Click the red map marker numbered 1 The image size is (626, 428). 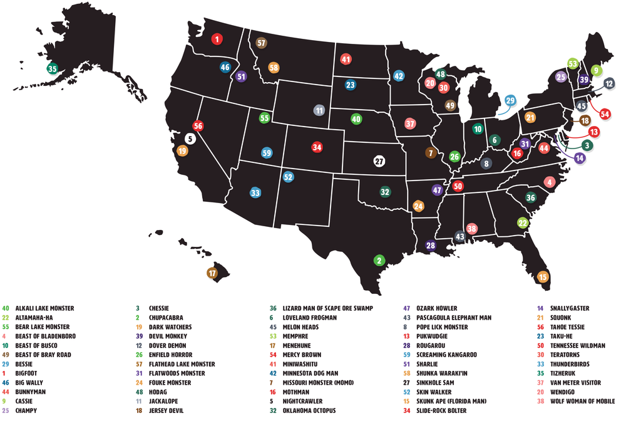click(x=217, y=39)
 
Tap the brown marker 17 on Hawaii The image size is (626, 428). click(x=212, y=273)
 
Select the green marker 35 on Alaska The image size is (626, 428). click(x=53, y=69)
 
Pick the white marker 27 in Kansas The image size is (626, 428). click(x=379, y=161)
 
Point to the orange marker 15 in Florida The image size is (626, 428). click(x=543, y=276)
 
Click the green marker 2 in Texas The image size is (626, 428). click(x=379, y=259)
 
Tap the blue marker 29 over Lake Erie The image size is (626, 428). click(x=510, y=100)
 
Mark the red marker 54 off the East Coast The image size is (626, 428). click(x=605, y=114)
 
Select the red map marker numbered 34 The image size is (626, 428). click(x=317, y=147)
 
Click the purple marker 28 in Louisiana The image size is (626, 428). click(x=430, y=246)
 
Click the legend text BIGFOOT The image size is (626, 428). click(x=28, y=373)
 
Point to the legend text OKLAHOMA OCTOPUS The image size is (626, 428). click(x=311, y=410)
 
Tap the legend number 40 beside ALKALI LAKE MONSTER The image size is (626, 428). click(x=6, y=308)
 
